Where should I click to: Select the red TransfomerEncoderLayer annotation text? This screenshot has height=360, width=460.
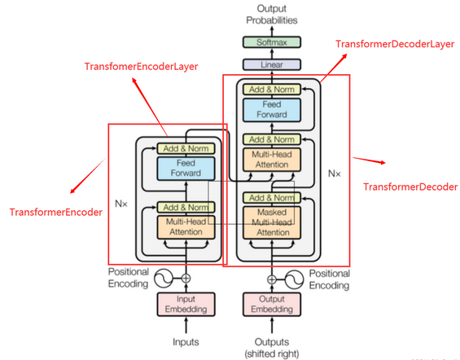pyautogui.click(x=142, y=66)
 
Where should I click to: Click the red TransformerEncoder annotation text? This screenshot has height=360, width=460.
pyautogui.click(x=55, y=212)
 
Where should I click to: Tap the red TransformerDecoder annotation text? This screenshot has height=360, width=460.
pyautogui.click(x=410, y=187)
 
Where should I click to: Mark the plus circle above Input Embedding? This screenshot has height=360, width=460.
pyautogui.click(x=186, y=278)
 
